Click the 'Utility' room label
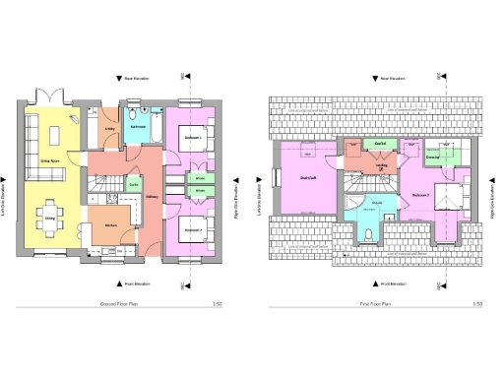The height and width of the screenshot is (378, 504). (110, 127)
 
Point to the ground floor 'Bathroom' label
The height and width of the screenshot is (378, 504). (139, 126)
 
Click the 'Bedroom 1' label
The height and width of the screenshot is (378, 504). (193, 139)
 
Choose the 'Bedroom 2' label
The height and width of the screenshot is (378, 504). (193, 228)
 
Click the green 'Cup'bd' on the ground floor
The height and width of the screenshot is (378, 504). (134, 184)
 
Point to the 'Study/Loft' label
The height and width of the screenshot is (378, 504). (306, 177)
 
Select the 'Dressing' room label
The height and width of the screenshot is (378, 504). (432, 157)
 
